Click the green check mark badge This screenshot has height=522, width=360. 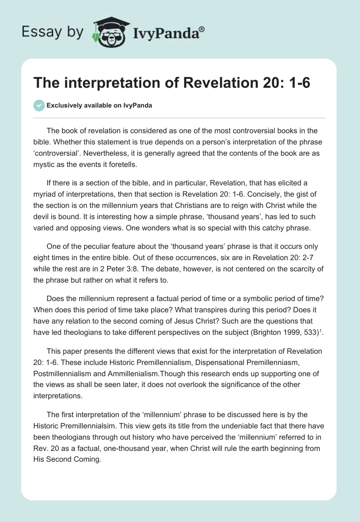coord(39,105)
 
